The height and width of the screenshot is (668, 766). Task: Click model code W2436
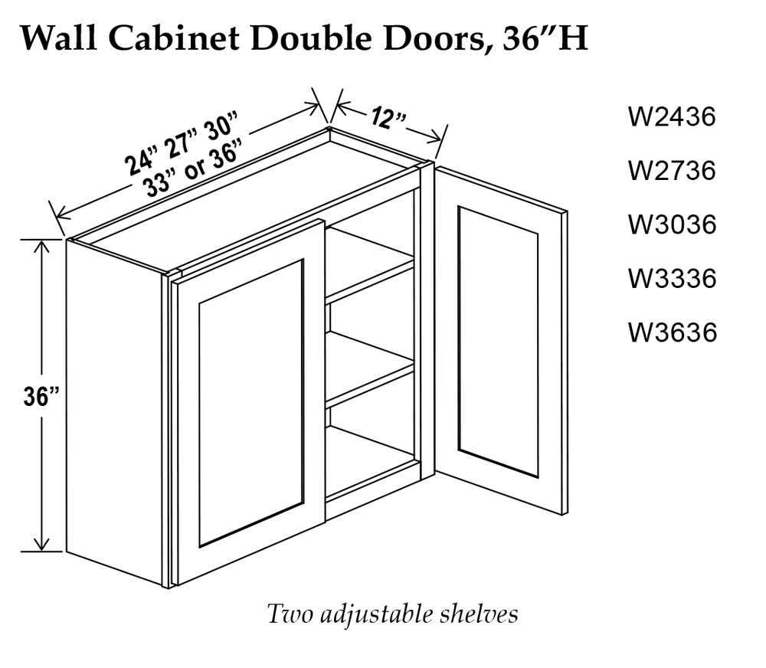(673, 117)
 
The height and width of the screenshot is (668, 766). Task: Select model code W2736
(673, 171)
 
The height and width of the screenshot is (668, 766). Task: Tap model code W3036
(673, 224)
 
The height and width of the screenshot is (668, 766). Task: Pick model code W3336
(673, 279)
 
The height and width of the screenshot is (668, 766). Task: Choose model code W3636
(673, 332)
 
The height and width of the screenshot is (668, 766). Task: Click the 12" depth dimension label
(388, 118)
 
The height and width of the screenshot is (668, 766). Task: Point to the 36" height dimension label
(41, 396)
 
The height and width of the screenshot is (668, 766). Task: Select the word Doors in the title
(437, 39)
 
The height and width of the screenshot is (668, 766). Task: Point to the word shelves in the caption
(479, 614)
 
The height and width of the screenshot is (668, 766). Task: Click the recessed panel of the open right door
(499, 342)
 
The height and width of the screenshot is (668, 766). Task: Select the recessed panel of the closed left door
(251, 403)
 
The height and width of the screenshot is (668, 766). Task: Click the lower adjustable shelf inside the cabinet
(369, 369)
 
